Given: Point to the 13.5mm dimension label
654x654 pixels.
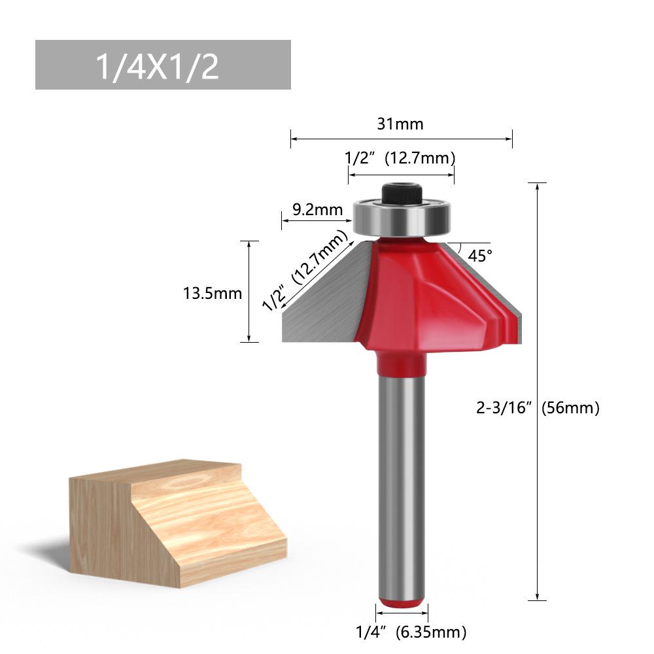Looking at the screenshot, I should click(213, 293).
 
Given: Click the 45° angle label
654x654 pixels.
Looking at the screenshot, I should click(480, 255).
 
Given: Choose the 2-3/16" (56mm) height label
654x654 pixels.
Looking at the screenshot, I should click(538, 407).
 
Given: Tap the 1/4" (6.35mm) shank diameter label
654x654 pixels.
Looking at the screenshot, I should click(411, 632).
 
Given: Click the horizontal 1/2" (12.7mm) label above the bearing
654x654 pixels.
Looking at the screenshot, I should click(400, 158).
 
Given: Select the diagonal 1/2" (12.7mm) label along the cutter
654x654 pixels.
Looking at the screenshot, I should click(305, 269).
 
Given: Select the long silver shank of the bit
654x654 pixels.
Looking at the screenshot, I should click(402, 484).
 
